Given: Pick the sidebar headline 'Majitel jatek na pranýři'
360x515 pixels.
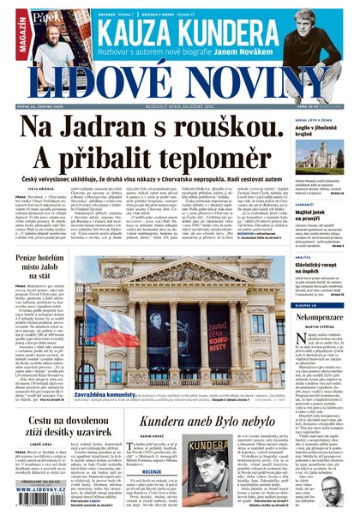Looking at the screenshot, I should [315, 214].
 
